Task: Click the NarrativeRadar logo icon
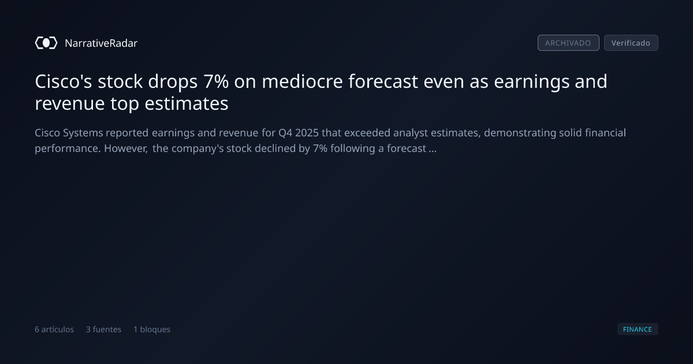click(46, 43)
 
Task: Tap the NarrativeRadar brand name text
click(101, 43)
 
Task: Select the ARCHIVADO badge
click(568, 43)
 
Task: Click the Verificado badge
click(631, 43)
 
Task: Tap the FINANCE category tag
click(638, 329)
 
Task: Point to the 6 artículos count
click(54, 329)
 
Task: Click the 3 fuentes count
click(103, 329)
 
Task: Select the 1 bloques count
click(152, 329)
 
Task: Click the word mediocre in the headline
click(302, 81)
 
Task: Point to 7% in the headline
click(216, 81)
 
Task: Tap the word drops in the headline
click(173, 82)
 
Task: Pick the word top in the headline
click(125, 104)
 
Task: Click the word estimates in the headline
click(187, 103)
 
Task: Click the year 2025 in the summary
click(307, 133)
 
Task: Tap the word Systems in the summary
click(83, 133)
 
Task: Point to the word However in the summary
click(126, 148)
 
